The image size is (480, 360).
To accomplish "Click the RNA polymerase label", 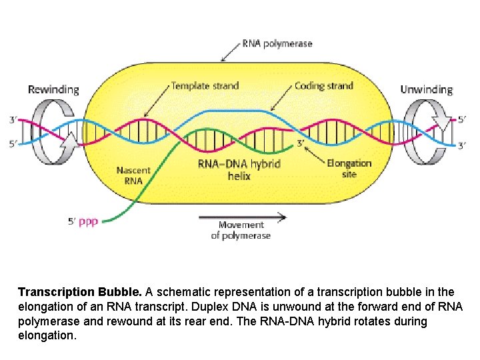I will coord(277,44).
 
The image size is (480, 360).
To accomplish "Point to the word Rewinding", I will coord(53,89).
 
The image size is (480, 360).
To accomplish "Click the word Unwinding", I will coord(427,89).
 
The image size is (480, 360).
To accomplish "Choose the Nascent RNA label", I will coord(134,174).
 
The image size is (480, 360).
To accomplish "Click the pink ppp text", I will coord(89,222).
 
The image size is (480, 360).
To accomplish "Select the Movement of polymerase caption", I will coord(241,230).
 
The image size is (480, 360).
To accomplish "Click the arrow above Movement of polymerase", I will coord(243,216).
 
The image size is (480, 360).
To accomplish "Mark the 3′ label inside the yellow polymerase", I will coord(301,142).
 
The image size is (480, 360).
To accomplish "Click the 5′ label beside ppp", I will coord(73,222).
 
